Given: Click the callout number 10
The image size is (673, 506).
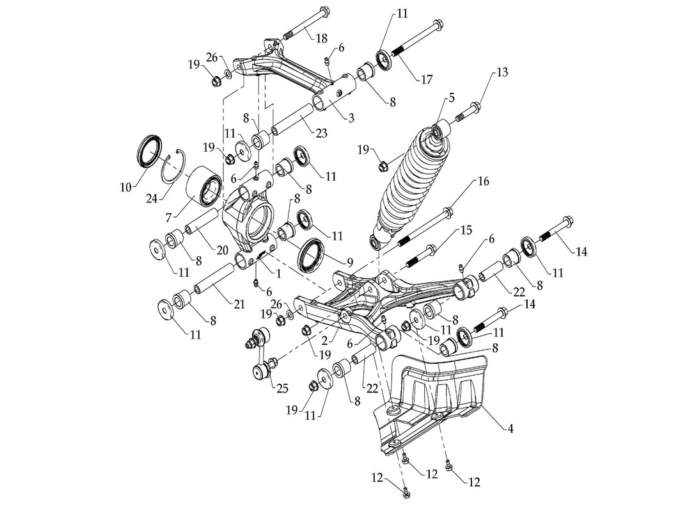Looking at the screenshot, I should [126, 187].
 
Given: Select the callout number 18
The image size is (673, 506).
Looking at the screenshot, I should [321, 38].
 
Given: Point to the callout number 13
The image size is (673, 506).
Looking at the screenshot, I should [502, 72].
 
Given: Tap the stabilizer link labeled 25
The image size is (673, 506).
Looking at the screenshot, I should [262, 354].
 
